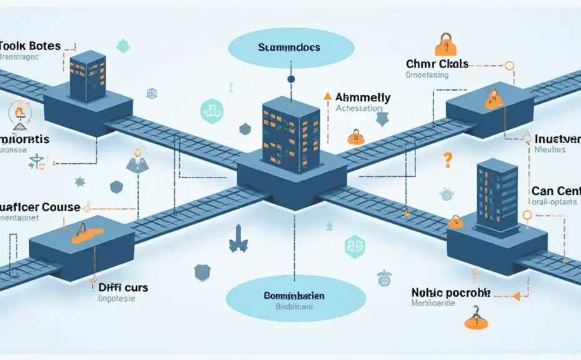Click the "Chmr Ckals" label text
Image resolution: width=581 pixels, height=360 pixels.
pos(437,64)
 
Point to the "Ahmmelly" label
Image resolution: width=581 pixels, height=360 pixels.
pos(363,97)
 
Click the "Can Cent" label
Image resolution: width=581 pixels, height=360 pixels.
pos(555,190)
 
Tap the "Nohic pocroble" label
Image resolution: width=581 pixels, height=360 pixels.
pos(450,292)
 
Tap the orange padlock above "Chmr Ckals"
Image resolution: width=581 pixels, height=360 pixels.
pos(444,44)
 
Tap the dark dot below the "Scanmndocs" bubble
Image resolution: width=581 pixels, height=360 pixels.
pos(290,79)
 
